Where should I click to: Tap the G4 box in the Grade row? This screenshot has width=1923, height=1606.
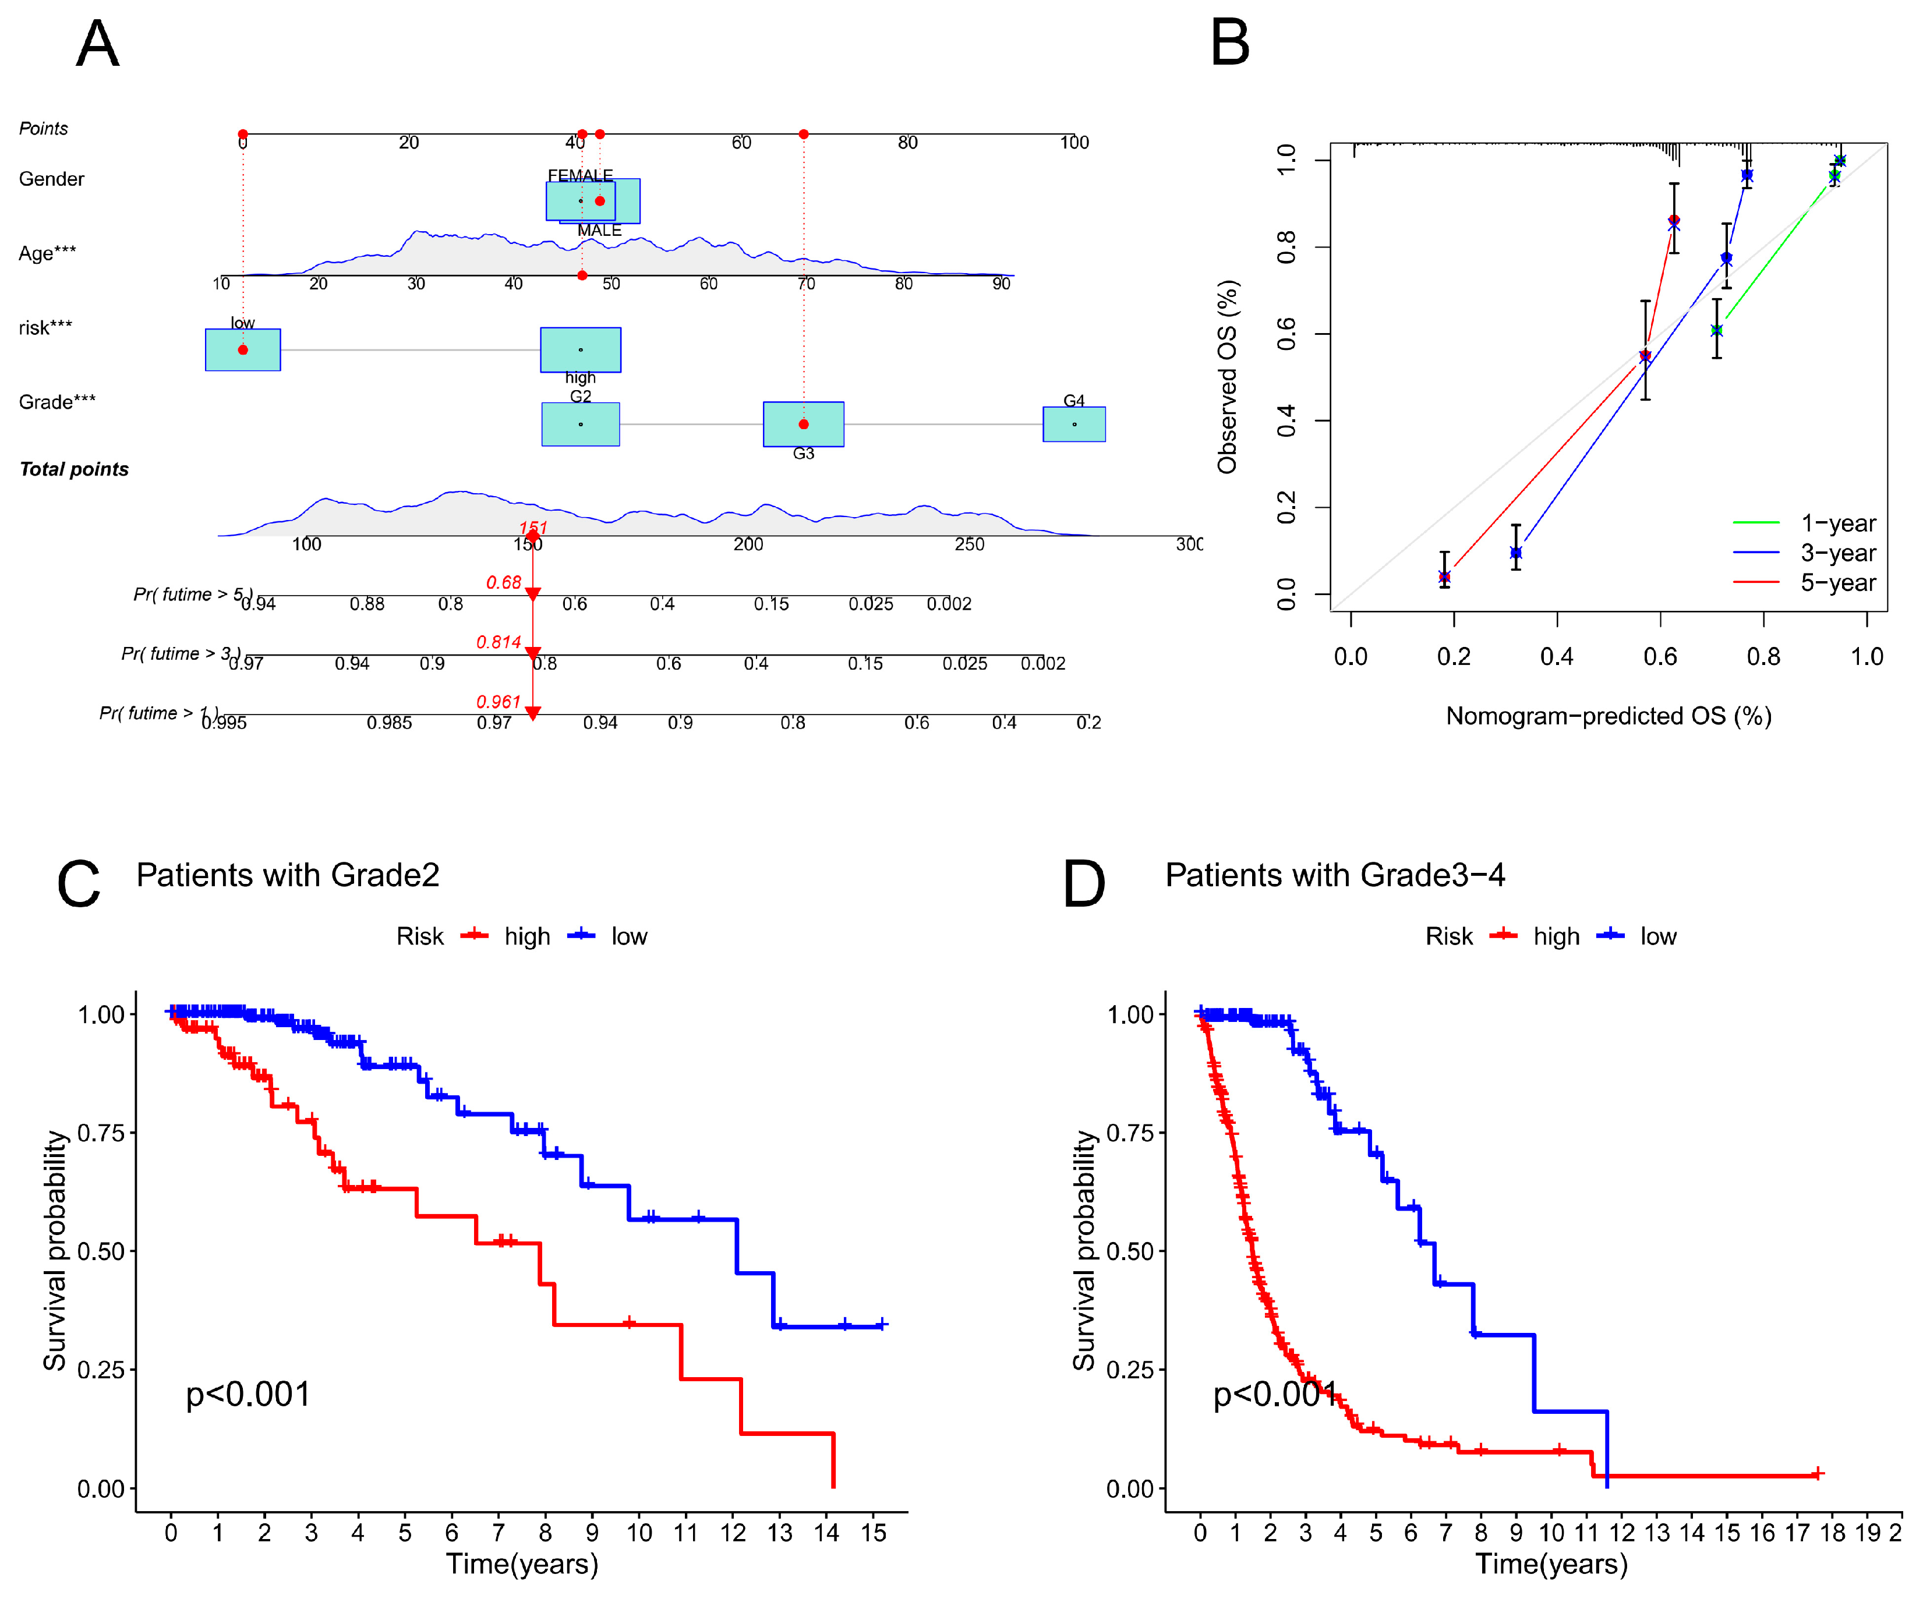(x=1073, y=424)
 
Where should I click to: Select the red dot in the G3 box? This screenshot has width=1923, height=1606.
(x=803, y=424)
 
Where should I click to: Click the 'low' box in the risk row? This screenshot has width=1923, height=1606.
(x=243, y=350)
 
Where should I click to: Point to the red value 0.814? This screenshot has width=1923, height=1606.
(x=498, y=642)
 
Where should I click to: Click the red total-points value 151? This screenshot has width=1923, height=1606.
(x=533, y=528)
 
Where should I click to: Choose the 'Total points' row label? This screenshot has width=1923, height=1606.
(x=74, y=469)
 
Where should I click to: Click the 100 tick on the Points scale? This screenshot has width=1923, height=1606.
(x=1074, y=143)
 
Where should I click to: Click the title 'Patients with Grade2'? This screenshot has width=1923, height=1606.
(x=288, y=875)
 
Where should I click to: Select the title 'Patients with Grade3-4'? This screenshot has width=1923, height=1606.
(x=1334, y=875)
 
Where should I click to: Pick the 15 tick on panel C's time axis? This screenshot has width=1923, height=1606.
(x=874, y=1533)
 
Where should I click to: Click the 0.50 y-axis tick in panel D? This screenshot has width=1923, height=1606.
(x=1129, y=1251)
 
